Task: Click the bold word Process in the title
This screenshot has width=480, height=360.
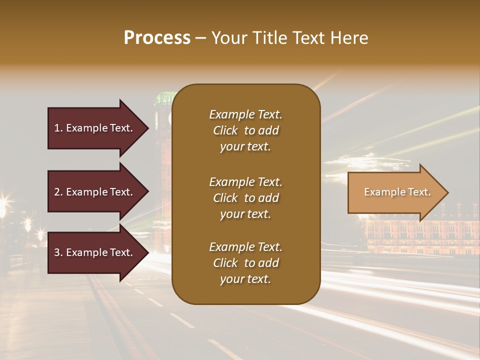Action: [x=157, y=38]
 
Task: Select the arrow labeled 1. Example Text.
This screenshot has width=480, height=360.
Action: [x=95, y=128]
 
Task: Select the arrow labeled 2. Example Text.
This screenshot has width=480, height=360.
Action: [x=95, y=192]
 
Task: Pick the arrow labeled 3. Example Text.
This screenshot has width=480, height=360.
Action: [x=95, y=252]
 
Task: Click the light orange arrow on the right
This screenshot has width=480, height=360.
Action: [x=395, y=192]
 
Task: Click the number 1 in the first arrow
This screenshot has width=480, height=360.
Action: [x=56, y=128]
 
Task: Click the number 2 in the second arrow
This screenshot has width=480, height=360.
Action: [x=56, y=192]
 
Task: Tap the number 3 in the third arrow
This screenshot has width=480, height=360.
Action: [x=56, y=252]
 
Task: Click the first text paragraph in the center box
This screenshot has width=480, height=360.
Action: [x=245, y=130]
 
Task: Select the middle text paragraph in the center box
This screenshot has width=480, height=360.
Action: [x=245, y=198]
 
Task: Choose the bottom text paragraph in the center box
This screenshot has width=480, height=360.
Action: [x=245, y=263]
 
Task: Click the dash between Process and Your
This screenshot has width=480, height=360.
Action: [x=200, y=38]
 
